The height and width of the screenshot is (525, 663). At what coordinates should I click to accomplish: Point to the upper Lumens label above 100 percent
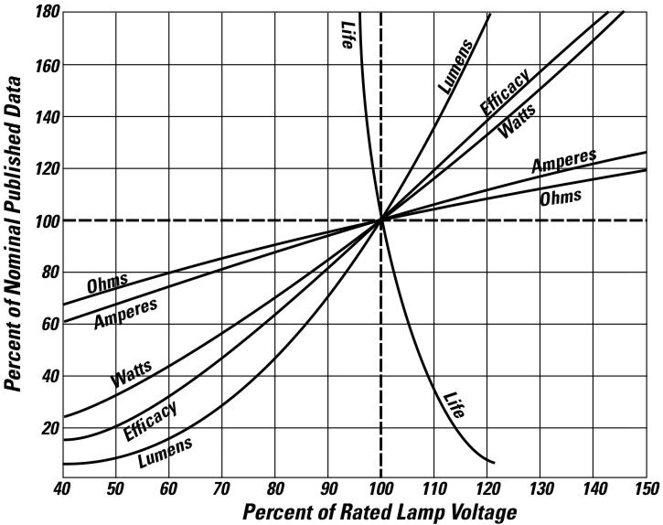click(454, 66)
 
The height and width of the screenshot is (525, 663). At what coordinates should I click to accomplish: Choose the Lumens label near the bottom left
click(165, 453)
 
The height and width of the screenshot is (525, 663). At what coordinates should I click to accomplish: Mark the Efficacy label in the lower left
click(150, 420)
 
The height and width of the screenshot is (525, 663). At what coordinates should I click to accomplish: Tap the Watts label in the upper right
click(518, 120)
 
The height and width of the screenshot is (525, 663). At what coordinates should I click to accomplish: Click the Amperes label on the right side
click(564, 162)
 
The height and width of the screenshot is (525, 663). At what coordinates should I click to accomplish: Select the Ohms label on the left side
click(107, 284)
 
